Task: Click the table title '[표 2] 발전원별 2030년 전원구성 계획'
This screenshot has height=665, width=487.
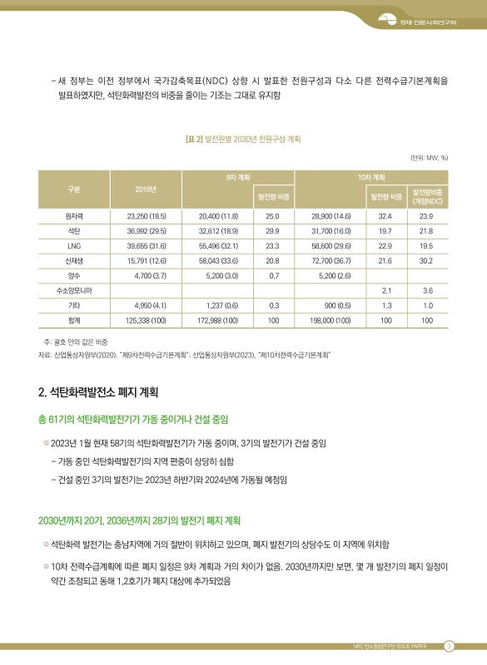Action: (x=242, y=139)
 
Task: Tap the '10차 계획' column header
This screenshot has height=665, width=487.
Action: (x=370, y=179)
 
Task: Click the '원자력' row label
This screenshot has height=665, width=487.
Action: (x=73, y=215)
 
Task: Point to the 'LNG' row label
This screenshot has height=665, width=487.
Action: (x=73, y=246)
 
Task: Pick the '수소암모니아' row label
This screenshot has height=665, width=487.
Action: (x=73, y=290)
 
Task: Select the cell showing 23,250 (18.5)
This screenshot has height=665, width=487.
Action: (x=147, y=215)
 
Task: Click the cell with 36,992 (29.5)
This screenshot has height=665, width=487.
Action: (x=147, y=231)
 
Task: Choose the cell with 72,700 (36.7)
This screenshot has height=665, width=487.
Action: (x=330, y=261)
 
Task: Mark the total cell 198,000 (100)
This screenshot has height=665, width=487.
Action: (x=330, y=320)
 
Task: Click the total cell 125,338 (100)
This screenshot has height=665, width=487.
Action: (x=147, y=320)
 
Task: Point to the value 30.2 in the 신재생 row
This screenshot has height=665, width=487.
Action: (x=426, y=261)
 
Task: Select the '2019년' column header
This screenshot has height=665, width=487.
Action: (x=147, y=188)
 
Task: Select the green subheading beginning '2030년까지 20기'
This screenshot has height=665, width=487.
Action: (x=139, y=520)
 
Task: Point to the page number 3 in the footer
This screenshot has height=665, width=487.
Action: (x=449, y=647)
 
